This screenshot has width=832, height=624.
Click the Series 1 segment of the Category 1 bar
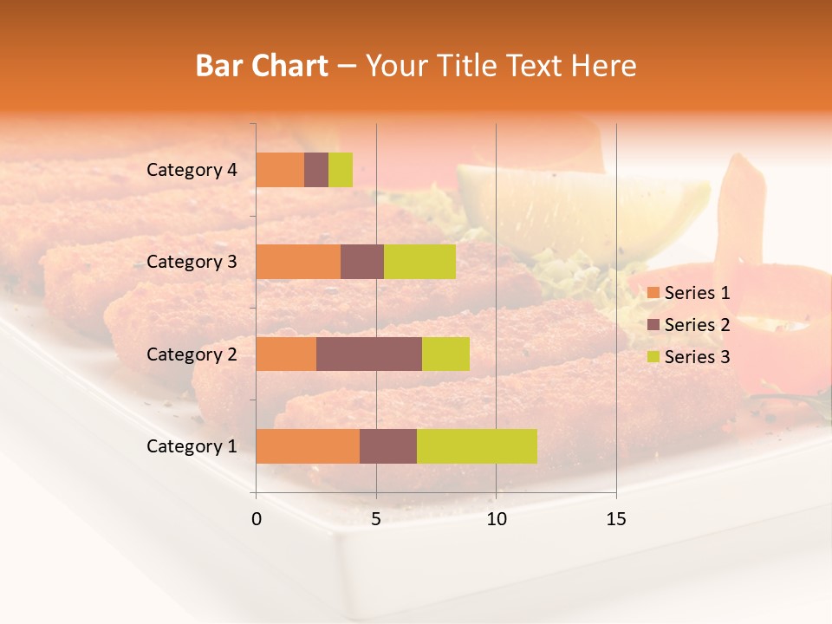pos(308,446)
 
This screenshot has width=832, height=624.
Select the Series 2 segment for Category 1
pos(388,446)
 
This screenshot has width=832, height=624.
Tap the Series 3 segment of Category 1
pos(477,446)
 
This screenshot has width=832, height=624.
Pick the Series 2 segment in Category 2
pos(369,354)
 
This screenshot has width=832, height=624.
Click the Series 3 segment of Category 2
pos(445,354)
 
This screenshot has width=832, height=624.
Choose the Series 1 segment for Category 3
pos(298,262)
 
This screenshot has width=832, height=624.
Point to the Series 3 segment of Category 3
pos(419,262)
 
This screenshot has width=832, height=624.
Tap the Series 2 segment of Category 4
pos(316,170)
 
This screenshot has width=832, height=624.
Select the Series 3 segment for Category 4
pos(341,170)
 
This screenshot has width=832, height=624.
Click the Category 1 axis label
pos(192,446)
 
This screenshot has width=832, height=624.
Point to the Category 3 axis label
pos(192,262)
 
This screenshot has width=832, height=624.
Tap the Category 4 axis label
pos(192,170)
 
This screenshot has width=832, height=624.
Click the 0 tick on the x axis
pos(257,519)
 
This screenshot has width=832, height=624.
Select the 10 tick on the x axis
pos(496,519)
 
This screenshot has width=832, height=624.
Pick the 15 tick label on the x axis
pos(615,519)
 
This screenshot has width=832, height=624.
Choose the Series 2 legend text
pos(697,325)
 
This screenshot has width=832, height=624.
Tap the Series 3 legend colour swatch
pos(653,357)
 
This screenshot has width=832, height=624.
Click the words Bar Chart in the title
pos(262,66)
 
